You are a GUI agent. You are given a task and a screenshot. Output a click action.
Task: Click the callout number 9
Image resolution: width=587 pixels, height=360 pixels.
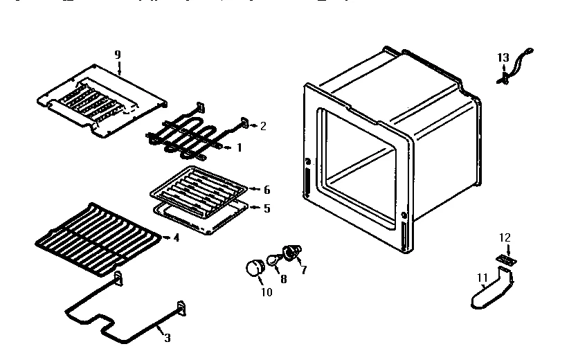pos(117,54)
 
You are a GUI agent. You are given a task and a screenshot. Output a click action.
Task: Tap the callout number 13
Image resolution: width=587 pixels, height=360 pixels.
pos(503,57)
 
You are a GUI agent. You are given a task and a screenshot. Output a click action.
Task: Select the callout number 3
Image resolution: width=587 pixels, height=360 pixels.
pos(166,337)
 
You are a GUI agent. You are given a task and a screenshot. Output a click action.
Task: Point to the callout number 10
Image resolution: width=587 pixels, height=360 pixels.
pos(267,292)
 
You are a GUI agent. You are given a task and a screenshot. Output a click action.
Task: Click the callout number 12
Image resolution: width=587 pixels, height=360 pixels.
pos(505,237)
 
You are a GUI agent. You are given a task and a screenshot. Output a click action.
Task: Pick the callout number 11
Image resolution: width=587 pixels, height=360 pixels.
pos(482,278)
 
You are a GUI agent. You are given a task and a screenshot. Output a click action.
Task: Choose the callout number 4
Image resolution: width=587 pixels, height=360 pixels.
pos(177,238)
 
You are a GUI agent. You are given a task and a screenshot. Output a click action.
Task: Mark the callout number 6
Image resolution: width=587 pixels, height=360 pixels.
pos(267,190)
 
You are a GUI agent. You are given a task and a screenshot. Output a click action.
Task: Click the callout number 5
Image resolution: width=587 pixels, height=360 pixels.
pos(267,208)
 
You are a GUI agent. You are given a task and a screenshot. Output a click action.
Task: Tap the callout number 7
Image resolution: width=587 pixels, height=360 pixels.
pos(303,270)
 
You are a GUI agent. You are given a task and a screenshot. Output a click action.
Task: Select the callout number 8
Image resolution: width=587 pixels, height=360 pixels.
pos(282,280)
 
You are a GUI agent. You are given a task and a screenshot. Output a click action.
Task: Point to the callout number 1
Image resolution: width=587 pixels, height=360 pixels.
pos(240,147)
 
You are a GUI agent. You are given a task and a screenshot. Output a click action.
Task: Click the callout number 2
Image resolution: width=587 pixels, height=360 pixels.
pos(263,126)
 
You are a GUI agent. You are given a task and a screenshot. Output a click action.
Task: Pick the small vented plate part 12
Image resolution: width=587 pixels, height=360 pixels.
pos(506,259)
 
